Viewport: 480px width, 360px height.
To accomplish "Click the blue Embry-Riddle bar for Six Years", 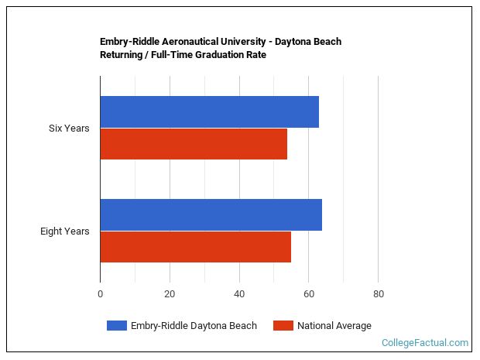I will (209, 112).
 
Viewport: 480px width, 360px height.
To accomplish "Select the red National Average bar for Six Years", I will (194, 144).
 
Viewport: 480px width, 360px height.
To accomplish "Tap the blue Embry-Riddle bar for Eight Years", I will (211, 215).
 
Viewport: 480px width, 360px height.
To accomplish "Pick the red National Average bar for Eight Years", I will (195, 247).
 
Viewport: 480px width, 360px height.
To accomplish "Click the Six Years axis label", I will (69, 129).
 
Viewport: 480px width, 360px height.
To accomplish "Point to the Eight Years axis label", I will (65, 231).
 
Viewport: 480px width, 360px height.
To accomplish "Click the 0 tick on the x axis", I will (100, 294).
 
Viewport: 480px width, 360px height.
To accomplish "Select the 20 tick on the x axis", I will (170, 294).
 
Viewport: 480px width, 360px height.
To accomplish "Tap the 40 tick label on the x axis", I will (239, 294).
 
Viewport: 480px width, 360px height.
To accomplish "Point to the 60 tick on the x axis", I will (308, 294).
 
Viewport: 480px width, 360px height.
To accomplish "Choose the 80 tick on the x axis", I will (378, 294).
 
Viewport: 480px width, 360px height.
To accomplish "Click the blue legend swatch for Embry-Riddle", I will (116, 326).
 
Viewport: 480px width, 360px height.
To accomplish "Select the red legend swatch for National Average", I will (283, 326).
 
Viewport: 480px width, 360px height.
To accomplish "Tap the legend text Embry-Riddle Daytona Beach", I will (194, 326).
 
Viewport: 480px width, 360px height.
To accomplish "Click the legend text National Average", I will (334, 326).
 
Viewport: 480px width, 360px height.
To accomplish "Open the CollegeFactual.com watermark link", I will (425, 343).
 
